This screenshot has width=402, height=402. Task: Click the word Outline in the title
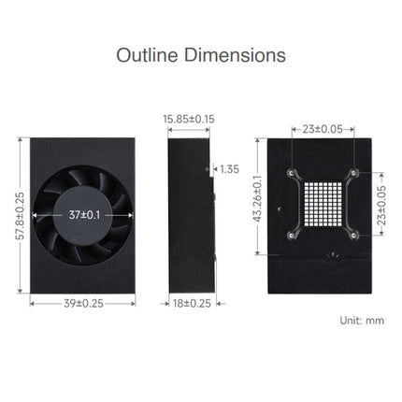pyautogui.click(x=147, y=55)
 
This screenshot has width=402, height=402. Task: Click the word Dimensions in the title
pyautogui.click(x=233, y=55)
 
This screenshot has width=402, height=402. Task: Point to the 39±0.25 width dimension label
pyautogui.click(x=81, y=302)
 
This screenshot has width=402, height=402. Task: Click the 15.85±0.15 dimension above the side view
pyautogui.click(x=189, y=119)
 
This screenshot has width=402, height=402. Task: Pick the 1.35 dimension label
pyautogui.click(x=229, y=169)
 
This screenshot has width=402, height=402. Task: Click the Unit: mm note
pyautogui.click(x=359, y=321)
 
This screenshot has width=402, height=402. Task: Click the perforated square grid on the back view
pyautogui.click(x=323, y=204)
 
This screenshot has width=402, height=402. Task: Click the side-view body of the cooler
pyautogui.click(x=188, y=215)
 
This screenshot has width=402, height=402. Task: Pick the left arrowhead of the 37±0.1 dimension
pyautogui.click(x=37, y=214)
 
